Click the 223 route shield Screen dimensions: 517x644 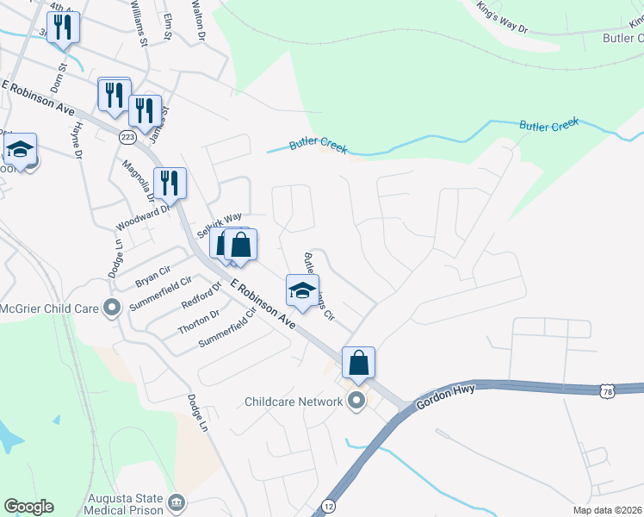[x=128, y=137]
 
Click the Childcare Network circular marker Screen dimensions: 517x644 [x=355, y=402]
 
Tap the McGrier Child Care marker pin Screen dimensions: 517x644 [x=111, y=308]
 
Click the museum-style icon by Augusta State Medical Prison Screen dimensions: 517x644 [x=176, y=501]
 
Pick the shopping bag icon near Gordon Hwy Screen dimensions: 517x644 [x=358, y=363]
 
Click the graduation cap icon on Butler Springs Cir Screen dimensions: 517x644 [x=302, y=291]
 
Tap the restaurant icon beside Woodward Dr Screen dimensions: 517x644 [x=169, y=183]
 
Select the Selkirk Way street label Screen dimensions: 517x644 [x=220, y=227]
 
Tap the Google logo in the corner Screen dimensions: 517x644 [x=28, y=507]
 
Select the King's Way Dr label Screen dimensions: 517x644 [x=511, y=15]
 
